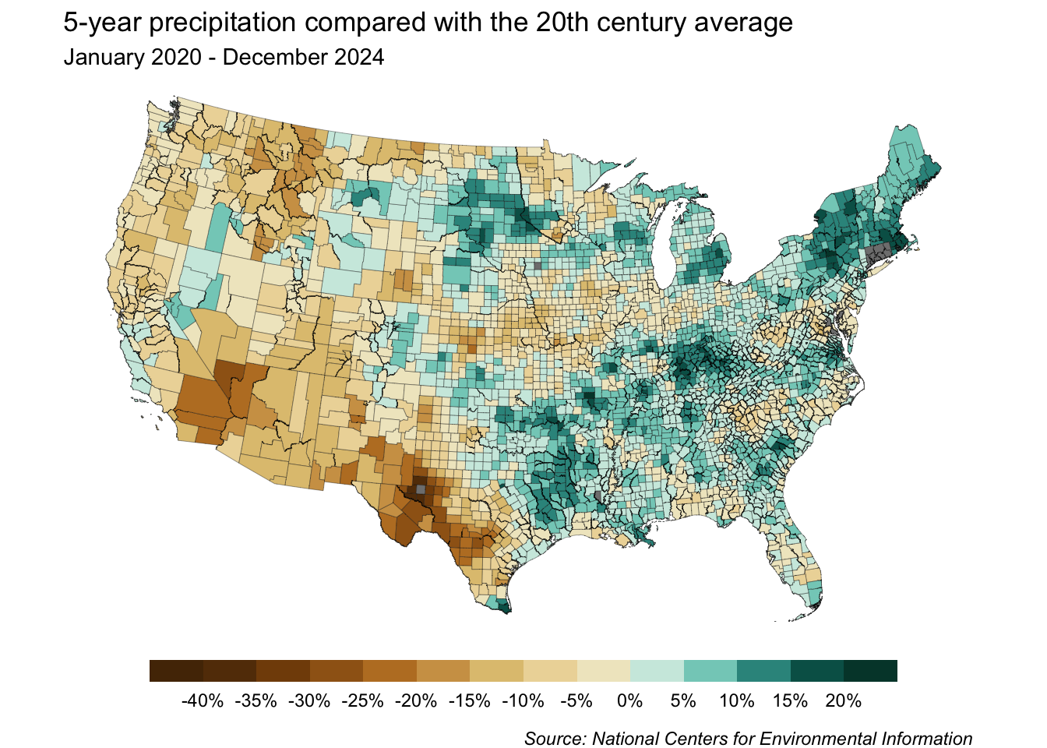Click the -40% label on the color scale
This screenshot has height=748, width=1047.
[203, 700]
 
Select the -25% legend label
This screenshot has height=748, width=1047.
[363, 700]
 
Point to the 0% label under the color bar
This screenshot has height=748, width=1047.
[629, 700]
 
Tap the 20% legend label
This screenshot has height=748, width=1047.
[843, 700]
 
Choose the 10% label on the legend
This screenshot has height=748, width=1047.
[736, 700]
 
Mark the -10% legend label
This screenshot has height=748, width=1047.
[523, 700]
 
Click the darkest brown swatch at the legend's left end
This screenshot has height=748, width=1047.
[176, 671]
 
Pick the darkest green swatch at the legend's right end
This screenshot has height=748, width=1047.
[870, 671]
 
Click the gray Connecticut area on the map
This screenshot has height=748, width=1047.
[879, 253]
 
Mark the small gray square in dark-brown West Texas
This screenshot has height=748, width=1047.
[421, 489]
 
